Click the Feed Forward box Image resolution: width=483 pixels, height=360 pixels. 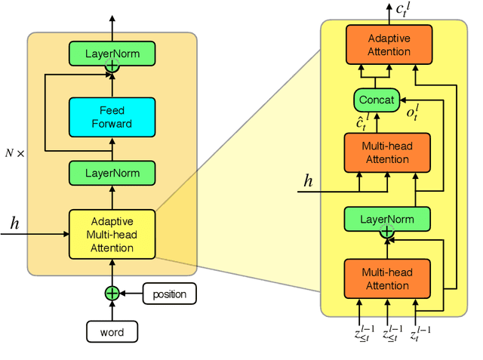[112, 117]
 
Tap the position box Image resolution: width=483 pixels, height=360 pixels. [169, 294]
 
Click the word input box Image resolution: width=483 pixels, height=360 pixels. [112, 331]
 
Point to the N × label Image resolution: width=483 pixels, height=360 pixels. [15, 152]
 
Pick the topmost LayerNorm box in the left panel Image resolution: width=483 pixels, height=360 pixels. [112, 53]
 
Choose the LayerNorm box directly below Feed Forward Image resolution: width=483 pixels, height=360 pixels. [112, 173]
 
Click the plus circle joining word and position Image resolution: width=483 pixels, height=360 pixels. [112, 294]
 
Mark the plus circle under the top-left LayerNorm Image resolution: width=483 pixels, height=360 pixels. [112, 67]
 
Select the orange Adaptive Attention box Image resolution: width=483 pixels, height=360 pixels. [389, 45]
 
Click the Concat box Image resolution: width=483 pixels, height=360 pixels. [375, 100]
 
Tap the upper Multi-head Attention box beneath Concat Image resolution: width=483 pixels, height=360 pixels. [387, 153]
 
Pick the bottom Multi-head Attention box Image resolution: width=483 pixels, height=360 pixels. [387, 279]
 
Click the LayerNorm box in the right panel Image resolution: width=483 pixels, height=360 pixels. [387, 219]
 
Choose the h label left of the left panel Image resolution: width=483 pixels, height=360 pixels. [14, 223]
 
